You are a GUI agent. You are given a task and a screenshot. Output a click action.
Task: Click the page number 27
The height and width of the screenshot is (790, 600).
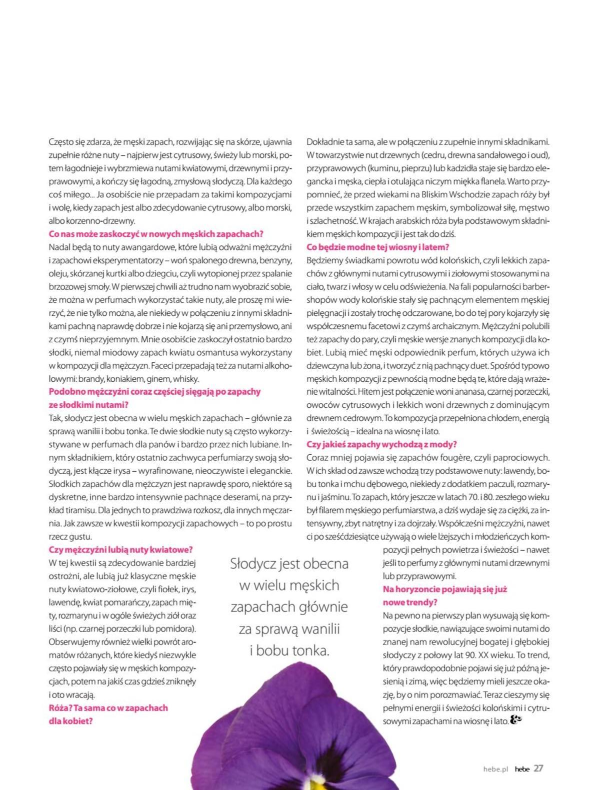pos(538,769)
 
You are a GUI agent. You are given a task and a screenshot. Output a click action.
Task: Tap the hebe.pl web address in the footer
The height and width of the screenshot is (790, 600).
pos(495,769)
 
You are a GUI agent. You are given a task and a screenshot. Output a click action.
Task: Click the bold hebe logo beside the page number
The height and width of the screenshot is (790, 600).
pos(522,769)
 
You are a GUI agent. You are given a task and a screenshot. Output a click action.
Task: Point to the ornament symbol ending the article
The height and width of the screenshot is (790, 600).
pos(516,720)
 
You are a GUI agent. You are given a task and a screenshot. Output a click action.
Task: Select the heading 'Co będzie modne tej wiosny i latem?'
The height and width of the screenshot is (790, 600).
pos(377,247)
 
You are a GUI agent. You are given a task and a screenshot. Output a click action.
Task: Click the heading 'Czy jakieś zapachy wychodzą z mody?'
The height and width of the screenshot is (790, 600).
pos(381,444)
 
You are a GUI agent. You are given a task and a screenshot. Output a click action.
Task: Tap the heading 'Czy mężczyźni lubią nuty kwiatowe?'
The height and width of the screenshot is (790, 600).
pos(121,550)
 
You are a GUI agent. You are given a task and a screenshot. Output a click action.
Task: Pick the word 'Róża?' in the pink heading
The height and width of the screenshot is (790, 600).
pos(60,708)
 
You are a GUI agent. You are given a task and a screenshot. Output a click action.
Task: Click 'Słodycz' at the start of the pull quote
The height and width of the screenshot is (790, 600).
pos(253,564)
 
